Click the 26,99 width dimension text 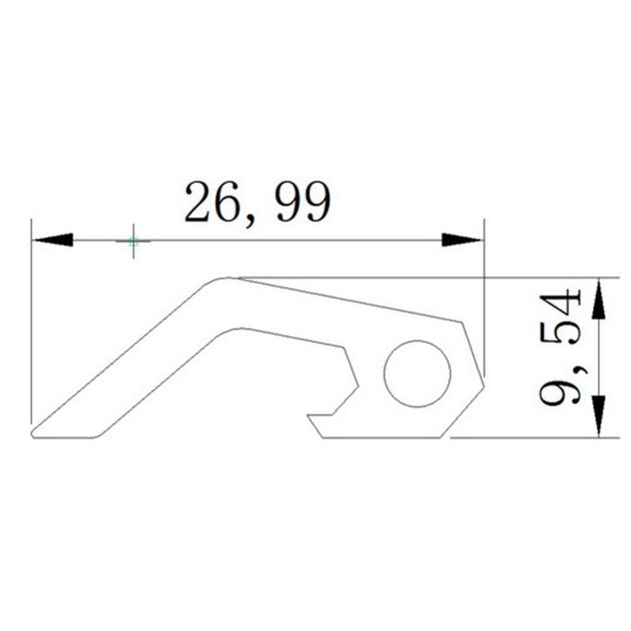point(258,203)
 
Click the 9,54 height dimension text point(560,347)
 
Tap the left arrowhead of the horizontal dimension point(54,240)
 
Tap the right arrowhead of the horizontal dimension point(461,240)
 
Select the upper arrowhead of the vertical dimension point(599,300)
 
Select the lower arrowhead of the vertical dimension point(599,415)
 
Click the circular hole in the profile point(417,374)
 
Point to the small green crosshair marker point(133,242)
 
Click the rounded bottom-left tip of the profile point(33,434)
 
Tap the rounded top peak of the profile point(226,278)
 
